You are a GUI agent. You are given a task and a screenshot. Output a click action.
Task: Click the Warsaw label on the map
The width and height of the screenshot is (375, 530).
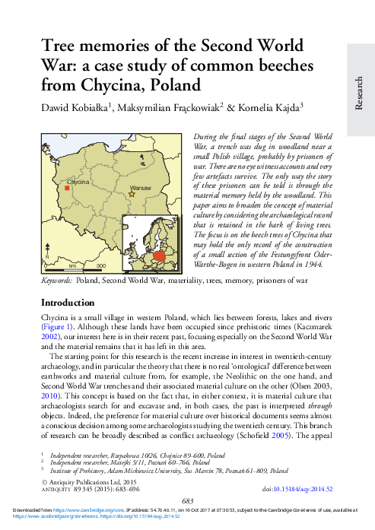(141, 186)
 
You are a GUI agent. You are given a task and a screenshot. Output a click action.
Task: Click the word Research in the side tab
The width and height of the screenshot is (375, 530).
(359, 94)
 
